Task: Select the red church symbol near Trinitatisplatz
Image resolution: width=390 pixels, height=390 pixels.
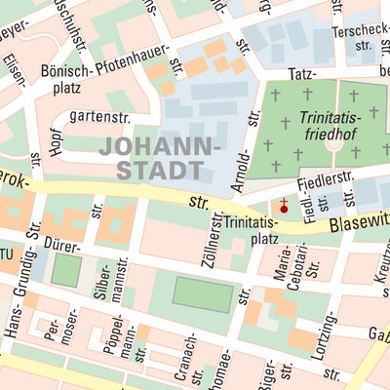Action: (x=284, y=207)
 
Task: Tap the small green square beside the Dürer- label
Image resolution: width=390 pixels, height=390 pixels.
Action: (x=65, y=269)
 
